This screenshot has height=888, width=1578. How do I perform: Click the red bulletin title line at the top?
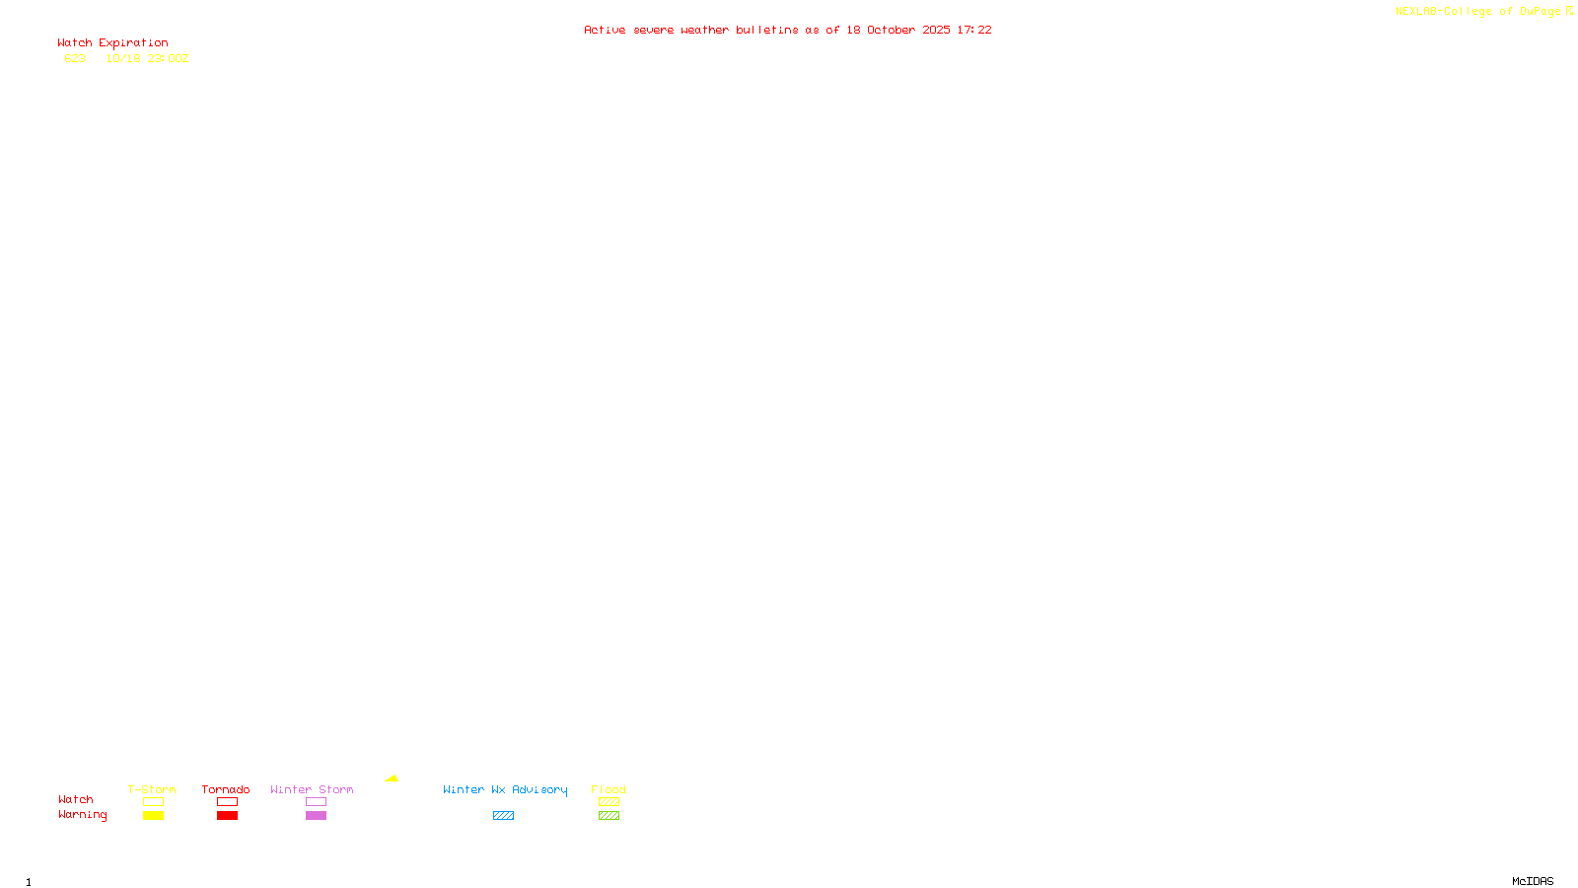[x=787, y=30]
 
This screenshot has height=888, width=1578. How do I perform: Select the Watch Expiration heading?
[x=112, y=43]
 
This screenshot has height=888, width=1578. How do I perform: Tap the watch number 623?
[x=75, y=58]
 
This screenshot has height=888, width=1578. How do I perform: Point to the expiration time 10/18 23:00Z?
[x=147, y=58]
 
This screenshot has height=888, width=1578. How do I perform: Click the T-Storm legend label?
[x=152, y=789]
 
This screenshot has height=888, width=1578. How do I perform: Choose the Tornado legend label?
[x=226, y=789]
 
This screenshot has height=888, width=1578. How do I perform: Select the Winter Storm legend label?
[x=312, y=789]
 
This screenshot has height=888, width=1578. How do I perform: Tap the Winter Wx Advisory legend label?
[x=505, y=789]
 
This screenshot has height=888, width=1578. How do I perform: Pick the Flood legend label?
[x=609, y=789]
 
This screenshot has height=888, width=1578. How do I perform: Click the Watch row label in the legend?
[x=76, y=799]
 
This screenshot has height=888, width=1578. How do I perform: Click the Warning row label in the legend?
[x=82, y=815]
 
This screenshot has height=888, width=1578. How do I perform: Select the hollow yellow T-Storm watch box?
[x=153, y=802]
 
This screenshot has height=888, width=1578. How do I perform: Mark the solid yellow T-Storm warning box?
[x=153, y=816]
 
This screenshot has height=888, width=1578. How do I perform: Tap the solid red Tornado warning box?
[x=227, y=816]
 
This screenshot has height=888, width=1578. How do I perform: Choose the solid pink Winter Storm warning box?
[x=316, y=816]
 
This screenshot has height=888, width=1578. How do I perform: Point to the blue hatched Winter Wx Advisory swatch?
[x=503, y=816]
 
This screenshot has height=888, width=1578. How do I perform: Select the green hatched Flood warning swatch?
[x=609, y=816]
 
